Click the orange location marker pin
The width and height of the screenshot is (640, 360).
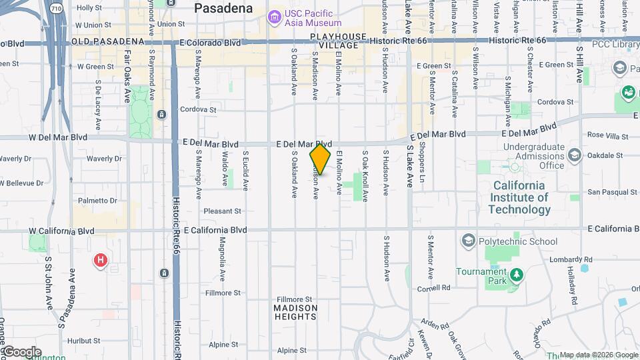[321, 159]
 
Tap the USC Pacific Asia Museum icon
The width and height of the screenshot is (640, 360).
[274, 17]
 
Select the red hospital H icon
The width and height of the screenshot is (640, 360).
[101, 260]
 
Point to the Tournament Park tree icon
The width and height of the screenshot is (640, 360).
[515, 275]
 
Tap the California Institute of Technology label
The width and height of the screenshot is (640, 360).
[519, 197]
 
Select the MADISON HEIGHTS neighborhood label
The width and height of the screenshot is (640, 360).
[295, 313]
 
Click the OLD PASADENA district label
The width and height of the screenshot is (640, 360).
[108, 41]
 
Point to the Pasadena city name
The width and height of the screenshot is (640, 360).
[223, 9]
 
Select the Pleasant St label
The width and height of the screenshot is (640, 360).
[222, 211]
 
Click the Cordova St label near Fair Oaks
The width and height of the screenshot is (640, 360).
[198, 109]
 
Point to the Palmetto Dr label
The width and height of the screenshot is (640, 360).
[97, 200]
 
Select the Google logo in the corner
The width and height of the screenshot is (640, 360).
[21, 352]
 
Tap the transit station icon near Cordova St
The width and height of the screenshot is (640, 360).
[161, 114]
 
